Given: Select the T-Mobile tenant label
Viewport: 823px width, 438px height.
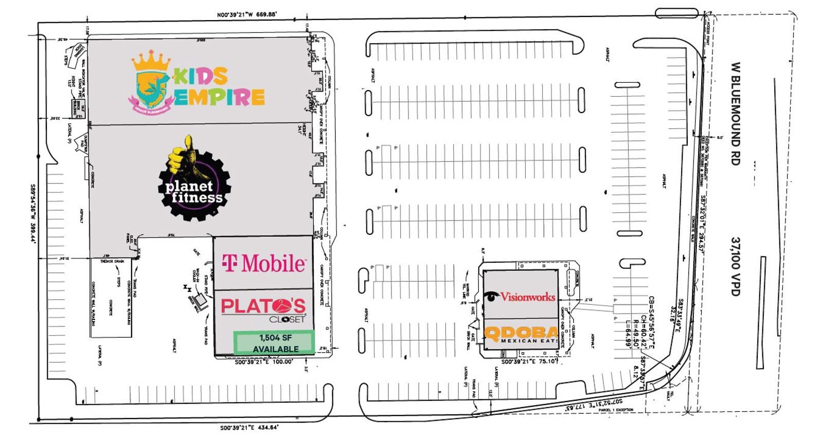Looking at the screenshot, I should pyautogui.click(x=263, y=263).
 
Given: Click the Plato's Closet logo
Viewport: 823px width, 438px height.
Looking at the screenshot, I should pyautogui.click(x=263, y=309).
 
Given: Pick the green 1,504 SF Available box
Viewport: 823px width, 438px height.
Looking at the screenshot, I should pyautogui.click(x=274, y=343).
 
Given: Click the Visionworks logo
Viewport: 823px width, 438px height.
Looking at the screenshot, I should pyautogui.click(x=520, y=297).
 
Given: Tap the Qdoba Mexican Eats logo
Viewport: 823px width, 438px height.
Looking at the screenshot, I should pyautogui.click(x=521, y=335).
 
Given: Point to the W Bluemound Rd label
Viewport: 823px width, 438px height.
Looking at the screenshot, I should pyautogui.click(x=736, y=114).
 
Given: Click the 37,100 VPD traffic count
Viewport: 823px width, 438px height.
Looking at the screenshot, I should pyautogui.click(x=736, y=266).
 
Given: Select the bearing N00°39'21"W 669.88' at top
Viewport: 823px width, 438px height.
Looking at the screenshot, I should pyautogui.click(x=247, y=15).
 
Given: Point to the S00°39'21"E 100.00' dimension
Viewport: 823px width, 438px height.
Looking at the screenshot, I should pyautogui.click(x=264, y=362).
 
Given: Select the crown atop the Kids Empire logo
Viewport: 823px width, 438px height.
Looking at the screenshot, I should pyautogui.click(x=151, y=61).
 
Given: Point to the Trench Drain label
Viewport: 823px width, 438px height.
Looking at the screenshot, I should pyautogui.click(x=112, y=262).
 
